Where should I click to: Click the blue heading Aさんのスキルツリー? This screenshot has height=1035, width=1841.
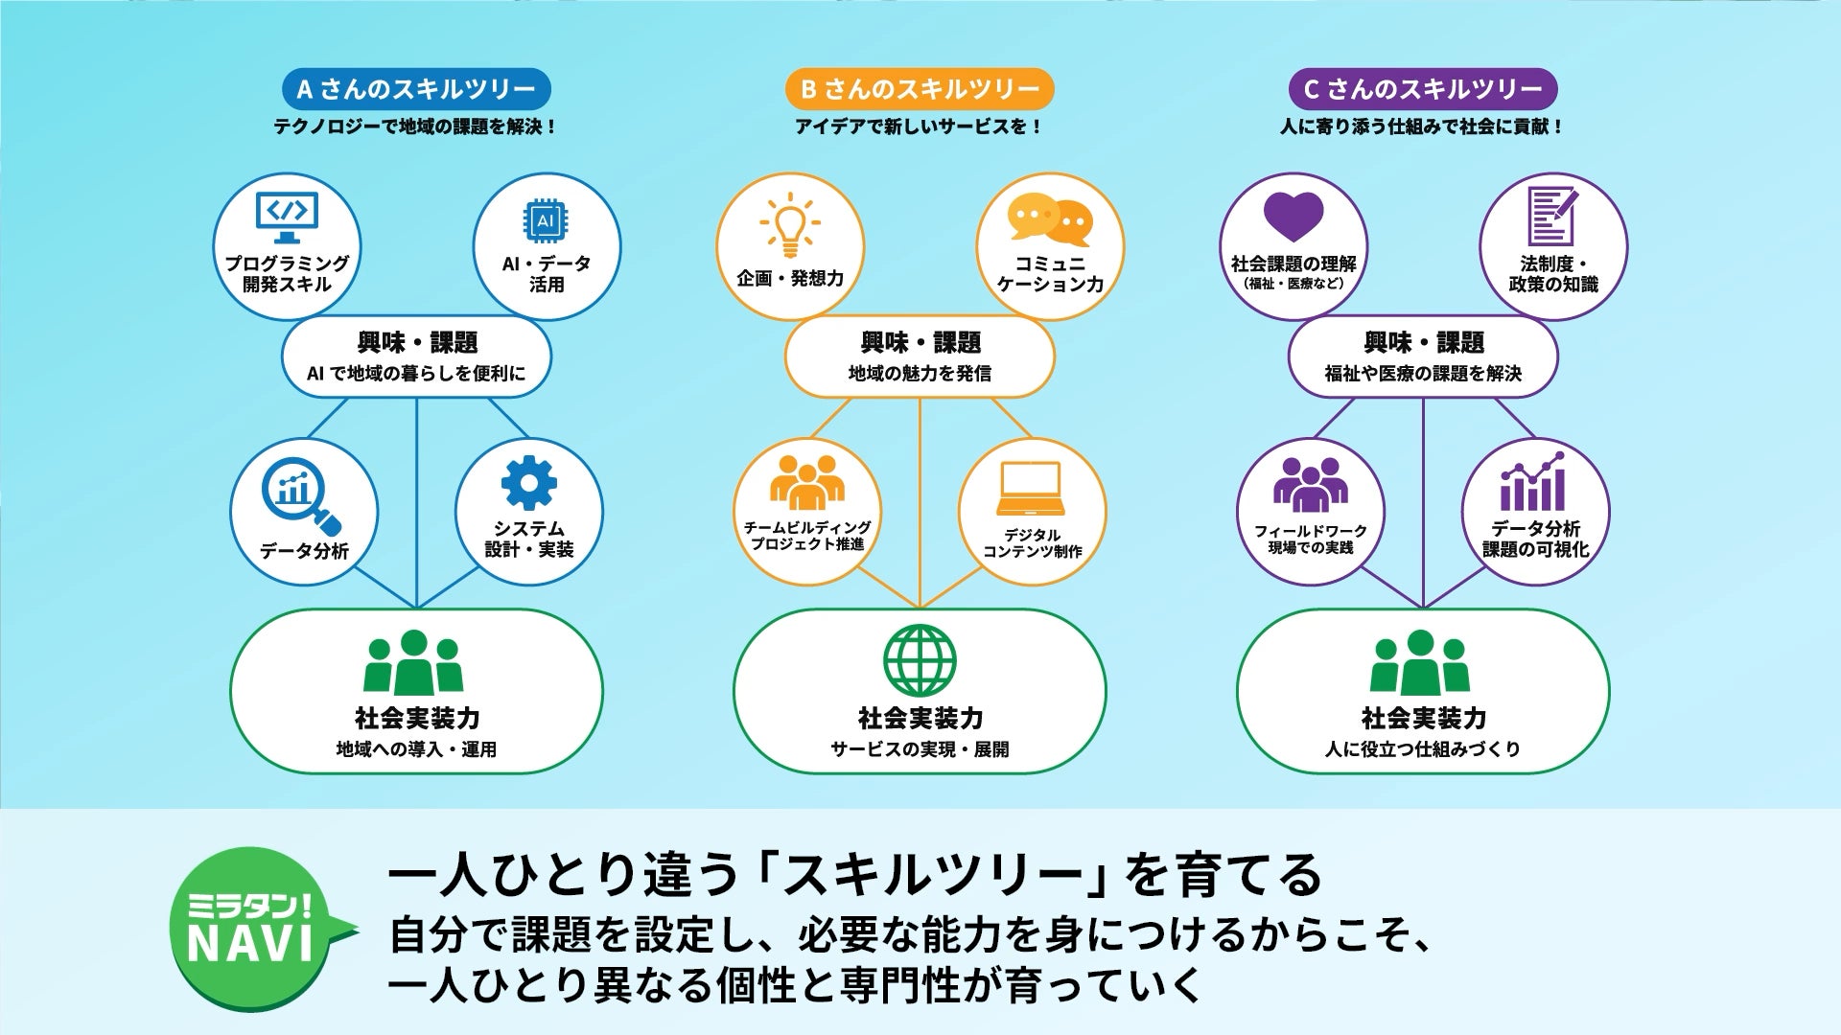click(x=416, y=89)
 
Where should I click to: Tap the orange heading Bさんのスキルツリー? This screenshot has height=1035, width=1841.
click(x=920, y=89)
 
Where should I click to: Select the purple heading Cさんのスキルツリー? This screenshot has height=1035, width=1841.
click(x=1423, y=89)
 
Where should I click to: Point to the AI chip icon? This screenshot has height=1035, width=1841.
click(x=546, y=221)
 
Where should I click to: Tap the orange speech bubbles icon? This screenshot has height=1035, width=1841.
click(x=1050, y=219)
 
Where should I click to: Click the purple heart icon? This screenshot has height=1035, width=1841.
click(x=1293, y=217)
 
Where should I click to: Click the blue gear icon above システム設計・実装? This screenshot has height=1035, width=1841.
click(x=528, y=482)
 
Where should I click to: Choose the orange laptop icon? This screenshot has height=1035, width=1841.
click(x=1031, y=489)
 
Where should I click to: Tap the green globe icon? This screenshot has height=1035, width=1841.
click(x=920, y=661)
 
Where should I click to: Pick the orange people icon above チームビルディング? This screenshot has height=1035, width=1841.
click(x=807, y=482)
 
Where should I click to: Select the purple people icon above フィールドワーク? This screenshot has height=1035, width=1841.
click(x=1310, y=484)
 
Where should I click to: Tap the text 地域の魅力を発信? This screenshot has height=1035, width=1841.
click(x=920, y=373)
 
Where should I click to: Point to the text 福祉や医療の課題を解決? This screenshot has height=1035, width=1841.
click(x=1423, y=373)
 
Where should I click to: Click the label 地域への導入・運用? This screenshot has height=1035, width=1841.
click(x=416, y=749)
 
